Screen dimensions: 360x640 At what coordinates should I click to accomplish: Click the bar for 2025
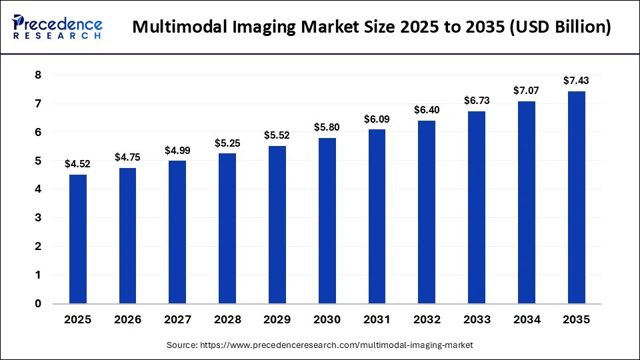(x=78, y=239)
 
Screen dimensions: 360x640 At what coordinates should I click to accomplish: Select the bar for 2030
(x=327, y=221)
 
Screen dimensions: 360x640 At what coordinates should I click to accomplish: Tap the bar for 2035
(x=576, y=197)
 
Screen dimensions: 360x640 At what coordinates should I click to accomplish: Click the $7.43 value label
(x=576, y=81)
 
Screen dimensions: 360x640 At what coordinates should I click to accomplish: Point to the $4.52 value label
(x=78, y=164)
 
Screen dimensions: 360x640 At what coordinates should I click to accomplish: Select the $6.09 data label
(x=377, y=119)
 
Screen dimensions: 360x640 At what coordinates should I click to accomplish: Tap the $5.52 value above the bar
(x=277, y=135)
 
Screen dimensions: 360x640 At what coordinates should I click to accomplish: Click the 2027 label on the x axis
(x=177, y=320)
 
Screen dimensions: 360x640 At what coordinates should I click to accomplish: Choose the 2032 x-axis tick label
(x=427, y=320)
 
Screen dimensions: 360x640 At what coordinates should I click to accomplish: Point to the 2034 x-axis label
(x=526, y=320)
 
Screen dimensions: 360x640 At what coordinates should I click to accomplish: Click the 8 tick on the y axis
(x=38, y=75)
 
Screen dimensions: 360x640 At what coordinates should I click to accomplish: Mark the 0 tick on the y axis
(x=38, y=304)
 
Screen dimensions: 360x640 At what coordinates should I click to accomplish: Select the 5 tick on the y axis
(x=38, y=161)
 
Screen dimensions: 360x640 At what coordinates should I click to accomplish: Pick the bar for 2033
(x=477, y=207)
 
